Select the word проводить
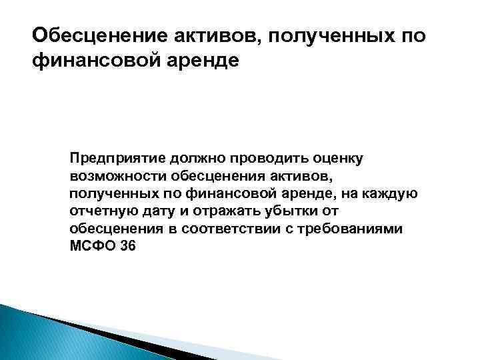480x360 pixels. click(x=270, y=159)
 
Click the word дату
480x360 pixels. click(x=158, y=211)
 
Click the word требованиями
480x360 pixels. click(x=363, y=229)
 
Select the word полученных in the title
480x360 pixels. click(x=323, y=34)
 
